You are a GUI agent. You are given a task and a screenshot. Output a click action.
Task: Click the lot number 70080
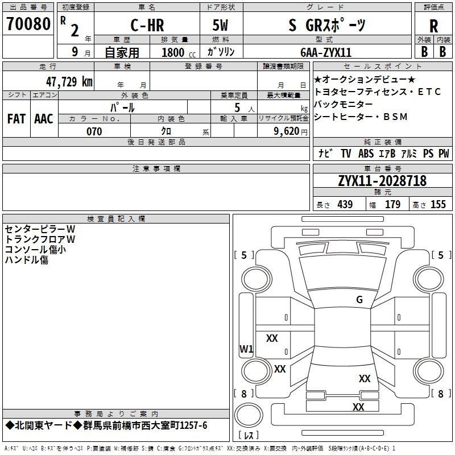coord(28,24)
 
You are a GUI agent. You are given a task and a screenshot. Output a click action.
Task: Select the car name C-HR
coord(147,25)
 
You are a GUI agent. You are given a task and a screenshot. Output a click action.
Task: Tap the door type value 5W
coord(220,25)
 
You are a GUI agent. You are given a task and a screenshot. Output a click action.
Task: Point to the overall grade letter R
coord(433,26)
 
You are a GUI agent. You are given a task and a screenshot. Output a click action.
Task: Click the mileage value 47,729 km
coord(69,82)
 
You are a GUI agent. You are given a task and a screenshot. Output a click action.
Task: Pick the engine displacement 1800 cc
coord(179,52)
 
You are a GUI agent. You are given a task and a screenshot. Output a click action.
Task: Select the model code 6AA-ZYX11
coord(326,52)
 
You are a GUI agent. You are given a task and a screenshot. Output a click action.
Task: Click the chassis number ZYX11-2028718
coord(382,181)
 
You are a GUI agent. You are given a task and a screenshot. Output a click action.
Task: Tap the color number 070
coord(94,131)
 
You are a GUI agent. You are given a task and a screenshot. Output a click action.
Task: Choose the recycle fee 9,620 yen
coord(291,131)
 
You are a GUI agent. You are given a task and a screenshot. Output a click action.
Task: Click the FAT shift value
coord(16,119)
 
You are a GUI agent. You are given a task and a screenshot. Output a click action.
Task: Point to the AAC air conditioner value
coord(44,119)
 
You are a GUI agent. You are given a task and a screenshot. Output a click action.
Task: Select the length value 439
coord(345,204)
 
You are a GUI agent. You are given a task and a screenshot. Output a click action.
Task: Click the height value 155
coord(438,204)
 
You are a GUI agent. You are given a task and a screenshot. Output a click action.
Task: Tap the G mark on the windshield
coord(359,300)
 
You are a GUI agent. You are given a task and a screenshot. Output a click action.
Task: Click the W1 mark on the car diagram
coord(246,349)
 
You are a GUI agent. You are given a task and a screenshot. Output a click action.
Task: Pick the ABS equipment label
coord(366,154)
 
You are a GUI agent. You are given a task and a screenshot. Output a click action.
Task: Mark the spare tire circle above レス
coord(249,415)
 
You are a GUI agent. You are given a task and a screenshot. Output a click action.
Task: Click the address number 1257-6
coord(193,425)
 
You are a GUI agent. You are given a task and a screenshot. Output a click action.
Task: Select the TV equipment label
coord(346,154)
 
